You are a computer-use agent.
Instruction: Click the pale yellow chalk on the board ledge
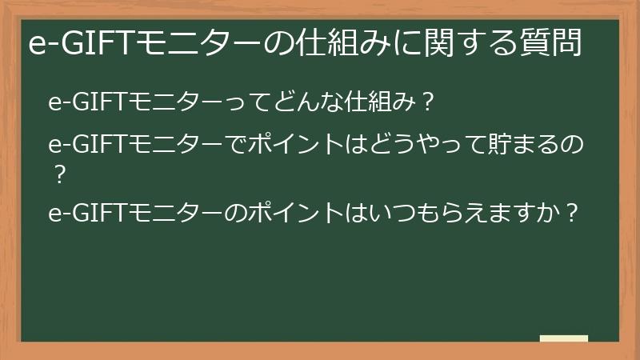click(x=564, y=338)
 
